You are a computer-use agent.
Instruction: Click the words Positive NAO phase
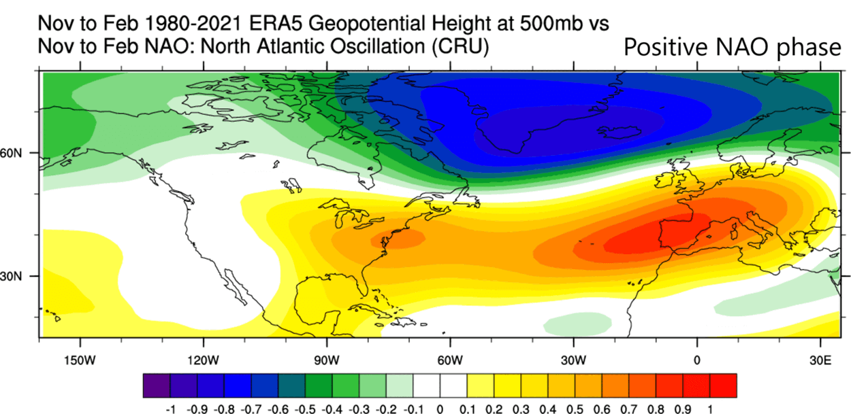point(733,48)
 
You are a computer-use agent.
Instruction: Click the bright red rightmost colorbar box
point(724,385)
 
